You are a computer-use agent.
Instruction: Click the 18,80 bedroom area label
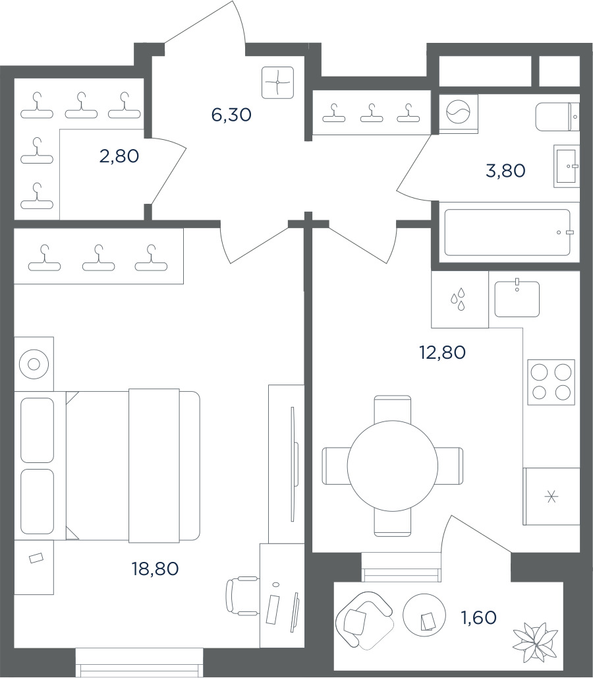point(155,569)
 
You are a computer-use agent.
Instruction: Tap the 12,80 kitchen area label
point(442,352)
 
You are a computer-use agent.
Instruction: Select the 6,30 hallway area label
point(231,115)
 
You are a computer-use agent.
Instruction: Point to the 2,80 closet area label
point(119,156)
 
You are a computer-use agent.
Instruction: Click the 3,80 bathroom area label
point(505,170)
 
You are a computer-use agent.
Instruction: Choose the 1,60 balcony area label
point(479,617)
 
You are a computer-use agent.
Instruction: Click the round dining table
point(392,466)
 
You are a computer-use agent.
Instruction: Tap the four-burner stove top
point(551,383)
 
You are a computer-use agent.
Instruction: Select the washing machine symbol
point(459,113)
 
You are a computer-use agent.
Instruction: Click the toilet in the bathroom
point(557,117)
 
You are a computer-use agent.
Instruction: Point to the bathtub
point(507,233)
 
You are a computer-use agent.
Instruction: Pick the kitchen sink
point(517,298)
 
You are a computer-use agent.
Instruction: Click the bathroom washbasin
point(566,166)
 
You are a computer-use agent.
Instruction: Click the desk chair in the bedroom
point(242,595)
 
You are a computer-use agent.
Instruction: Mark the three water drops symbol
point(458,299)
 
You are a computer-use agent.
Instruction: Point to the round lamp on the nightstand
point(34,365)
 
